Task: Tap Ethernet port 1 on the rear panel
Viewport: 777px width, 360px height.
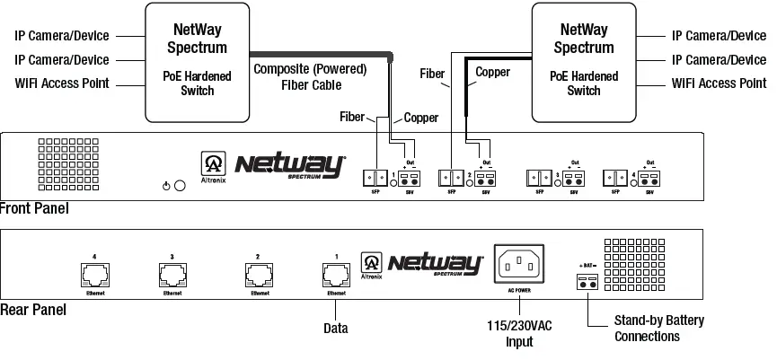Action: [336, 274]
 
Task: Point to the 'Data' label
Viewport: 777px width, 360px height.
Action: [336, 329]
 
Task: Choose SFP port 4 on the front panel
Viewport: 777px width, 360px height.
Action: [615, 177]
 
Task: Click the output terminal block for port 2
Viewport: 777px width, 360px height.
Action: [486, 177]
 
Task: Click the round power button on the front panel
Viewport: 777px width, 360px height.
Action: [180, 186]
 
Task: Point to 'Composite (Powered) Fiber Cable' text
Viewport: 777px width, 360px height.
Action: [311, 77]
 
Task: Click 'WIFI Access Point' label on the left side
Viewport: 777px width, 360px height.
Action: [62, 83]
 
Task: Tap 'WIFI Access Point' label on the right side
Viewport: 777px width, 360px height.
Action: [719, 83]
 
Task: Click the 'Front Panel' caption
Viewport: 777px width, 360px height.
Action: [34, 208]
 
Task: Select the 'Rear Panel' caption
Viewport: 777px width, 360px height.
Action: [32, 310]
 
